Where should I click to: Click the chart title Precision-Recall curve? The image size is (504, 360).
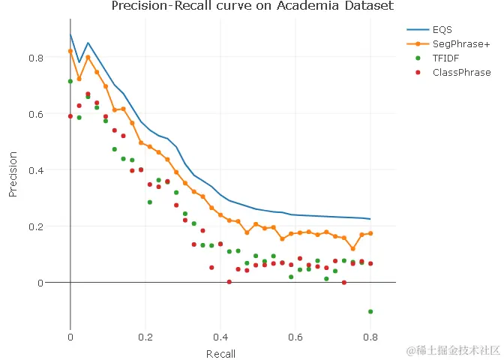point(252,7)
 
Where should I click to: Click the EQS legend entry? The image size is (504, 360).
point(441,29)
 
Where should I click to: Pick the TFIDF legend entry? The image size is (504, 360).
point(445,58)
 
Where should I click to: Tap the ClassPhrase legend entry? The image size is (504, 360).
point(461,73)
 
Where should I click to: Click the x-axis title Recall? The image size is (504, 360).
point(220,354)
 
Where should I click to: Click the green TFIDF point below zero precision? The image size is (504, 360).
point(370,311)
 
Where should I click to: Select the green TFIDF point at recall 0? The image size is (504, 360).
point(70,81)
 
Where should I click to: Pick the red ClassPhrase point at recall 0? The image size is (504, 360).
point(70,116)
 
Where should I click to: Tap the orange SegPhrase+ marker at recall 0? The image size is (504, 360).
point(70,51)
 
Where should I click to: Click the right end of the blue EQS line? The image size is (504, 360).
point(370,219)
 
